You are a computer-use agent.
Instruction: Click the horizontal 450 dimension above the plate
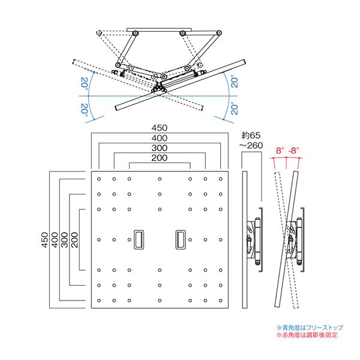tap(160, 128)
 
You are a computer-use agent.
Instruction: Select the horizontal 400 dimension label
tap(160, 138)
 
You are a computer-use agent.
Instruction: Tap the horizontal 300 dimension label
tap(160, 148)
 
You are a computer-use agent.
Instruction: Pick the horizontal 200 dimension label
tap(160, 158)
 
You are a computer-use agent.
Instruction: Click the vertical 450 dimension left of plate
tap(45, 240)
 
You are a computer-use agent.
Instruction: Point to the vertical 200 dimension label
tap(74, 240)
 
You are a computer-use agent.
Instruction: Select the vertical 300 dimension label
tap(65, 240)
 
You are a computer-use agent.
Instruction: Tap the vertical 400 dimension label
tap(55, 240)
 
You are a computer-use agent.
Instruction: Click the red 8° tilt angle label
tap(280, 151)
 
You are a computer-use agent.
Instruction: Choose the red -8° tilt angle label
tap(293, 151)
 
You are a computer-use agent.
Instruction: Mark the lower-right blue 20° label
tap(235, 109)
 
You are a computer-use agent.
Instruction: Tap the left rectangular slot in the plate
tap(139, 239)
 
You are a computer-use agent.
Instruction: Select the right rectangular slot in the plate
tap(181, 239)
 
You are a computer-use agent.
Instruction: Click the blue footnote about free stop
tap(310, 328)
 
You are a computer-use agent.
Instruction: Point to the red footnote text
tap(307, 335)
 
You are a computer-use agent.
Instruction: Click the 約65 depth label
tap(251, 136)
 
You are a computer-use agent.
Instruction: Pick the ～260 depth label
tap(251, 146)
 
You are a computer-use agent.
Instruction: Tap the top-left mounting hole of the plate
tap(99, 179)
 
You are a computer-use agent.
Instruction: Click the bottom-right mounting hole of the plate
tap(221, 301)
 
